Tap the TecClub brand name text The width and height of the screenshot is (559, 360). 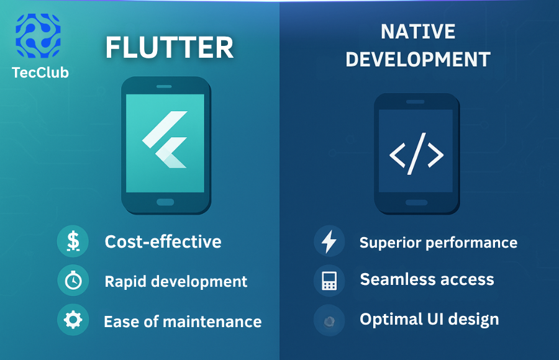[x=40, y=73]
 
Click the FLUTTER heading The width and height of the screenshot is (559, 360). [x=169, y=48]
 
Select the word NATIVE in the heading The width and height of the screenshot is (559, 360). [x=417, y=32]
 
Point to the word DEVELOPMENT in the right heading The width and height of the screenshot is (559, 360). [x=417, y=60]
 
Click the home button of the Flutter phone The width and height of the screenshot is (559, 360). [x=165, y=202]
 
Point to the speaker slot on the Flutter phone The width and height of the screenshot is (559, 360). [x=165, y=86]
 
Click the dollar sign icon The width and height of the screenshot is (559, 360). [x=73, y=241]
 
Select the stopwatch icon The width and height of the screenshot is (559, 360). [x=73, y=281]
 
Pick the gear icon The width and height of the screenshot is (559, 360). [x=73, y=320]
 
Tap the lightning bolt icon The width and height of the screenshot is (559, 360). [x=329, y=241]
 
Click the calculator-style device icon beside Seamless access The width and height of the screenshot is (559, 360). [x=329, y=281]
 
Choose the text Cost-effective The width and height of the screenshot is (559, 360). [x=163, y=241]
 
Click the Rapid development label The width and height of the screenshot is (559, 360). [x=176, y=281]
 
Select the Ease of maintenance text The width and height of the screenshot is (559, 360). [x=183, y=322]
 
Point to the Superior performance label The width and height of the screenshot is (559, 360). [x=438, y=243]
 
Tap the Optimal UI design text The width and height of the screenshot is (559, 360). [x=429, y=320]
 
